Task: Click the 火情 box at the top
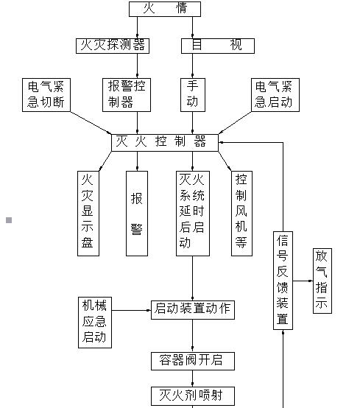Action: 164,9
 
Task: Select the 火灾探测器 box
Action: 112,45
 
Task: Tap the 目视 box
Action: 217,45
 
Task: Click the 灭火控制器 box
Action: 165,141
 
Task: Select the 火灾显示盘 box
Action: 88,214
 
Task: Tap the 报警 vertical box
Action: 138,214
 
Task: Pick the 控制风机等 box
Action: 241,214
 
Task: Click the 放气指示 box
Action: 322,280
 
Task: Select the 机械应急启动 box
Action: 94,322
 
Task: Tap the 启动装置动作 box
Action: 193,309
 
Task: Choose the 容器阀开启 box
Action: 193,360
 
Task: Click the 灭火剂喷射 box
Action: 193,395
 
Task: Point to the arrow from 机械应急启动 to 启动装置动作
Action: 130,309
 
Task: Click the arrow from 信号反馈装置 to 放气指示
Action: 303,281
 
